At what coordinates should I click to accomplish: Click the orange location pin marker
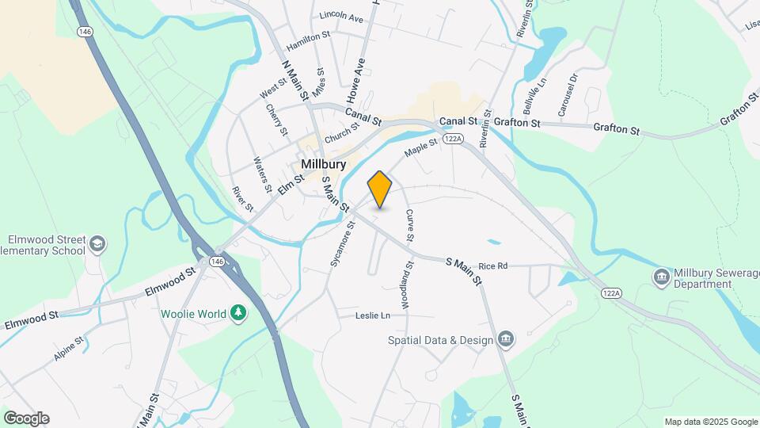click(x=380, y=189)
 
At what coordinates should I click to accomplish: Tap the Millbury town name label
click(x=323, y=165)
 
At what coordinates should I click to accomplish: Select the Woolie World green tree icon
click(x=238, y=314)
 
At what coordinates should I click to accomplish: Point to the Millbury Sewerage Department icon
click(x=660, y=277)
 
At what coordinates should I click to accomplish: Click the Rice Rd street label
click(x=492, y=266)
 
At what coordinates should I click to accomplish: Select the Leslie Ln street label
click(x=373, y=315)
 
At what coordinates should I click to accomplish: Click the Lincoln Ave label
click(x=341, y=16)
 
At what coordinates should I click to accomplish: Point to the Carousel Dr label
click(x=568, y=95)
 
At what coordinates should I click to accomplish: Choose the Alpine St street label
click(x=70, y=350)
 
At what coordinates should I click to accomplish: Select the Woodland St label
click(x=405, y=289)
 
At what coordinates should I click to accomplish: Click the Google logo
click(x=26, y=418)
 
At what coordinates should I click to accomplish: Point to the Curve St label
click(x=409, y=225)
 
